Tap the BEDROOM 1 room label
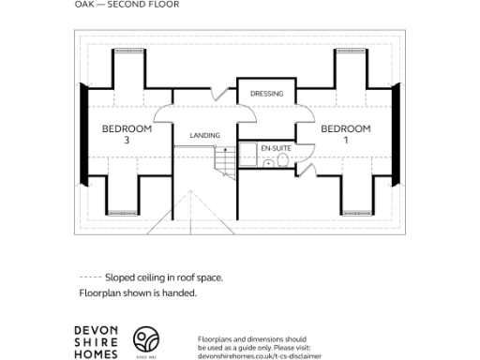346,134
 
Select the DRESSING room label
266,94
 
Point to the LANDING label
204,136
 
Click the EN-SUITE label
275,149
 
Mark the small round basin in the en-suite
286,162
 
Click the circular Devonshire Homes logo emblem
145,339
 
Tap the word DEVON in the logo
97,330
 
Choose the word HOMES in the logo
97,353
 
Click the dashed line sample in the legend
90,277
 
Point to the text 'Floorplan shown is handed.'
138,293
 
